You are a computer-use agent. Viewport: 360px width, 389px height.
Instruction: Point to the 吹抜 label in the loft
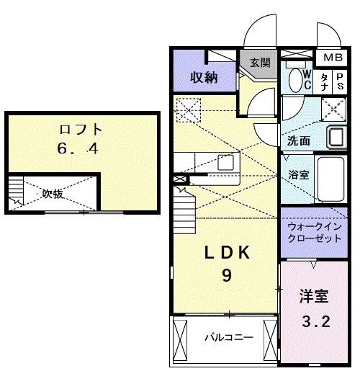coord(53,193)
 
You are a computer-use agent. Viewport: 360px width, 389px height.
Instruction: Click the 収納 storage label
coord(204,78)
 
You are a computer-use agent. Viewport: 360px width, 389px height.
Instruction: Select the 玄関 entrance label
coord(260,63)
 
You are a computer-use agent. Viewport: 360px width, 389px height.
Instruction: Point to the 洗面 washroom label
coord(300,140)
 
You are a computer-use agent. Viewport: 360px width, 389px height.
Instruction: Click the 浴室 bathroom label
coord(299,174)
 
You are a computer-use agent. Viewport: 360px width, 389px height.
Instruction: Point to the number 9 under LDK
coord(226,275)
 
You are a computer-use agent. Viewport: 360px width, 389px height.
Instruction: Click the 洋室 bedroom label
coord(315,296)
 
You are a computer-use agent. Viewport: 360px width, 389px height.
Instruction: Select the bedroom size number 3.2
coord(315,321)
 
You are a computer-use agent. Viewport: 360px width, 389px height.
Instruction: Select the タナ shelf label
coord(325,81)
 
